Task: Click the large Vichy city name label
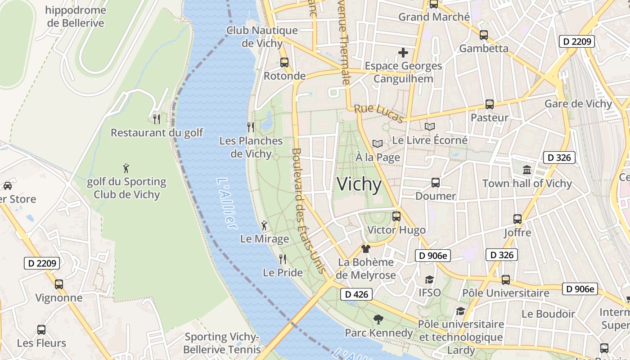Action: point(359,184)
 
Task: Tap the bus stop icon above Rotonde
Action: point(284,63)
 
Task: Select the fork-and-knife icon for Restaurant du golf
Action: point(157,119)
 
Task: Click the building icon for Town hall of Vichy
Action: point(527,170)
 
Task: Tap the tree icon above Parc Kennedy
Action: point(378,319)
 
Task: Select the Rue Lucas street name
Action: point(378,113)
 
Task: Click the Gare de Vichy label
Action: point(578,104)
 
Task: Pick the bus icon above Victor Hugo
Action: point(396,216)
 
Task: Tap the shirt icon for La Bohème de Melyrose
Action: point(366,249)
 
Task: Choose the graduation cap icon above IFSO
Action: point(430,279)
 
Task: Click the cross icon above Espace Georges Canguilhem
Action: point(403,53)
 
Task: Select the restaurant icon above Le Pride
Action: point(283,259)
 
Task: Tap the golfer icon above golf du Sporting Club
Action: point(126,169)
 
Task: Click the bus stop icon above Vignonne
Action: point(59,284)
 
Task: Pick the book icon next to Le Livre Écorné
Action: point(430,127)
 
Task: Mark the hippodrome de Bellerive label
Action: point(76,17)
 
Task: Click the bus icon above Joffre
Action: point(517,219)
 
